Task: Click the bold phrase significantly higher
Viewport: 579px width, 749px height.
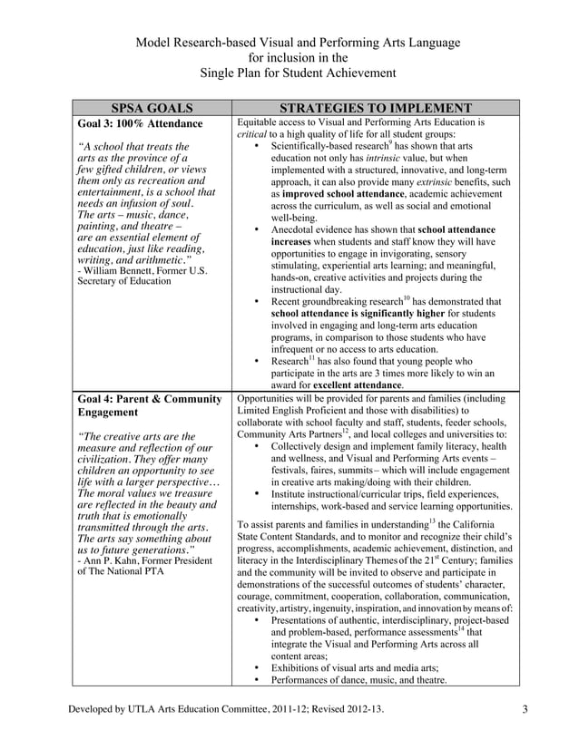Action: (407, 314)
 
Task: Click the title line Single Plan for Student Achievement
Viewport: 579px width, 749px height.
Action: (289, 73)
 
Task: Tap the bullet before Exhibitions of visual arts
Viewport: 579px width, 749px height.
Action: (260, 666)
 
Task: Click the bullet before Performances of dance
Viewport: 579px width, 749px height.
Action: (260, 679)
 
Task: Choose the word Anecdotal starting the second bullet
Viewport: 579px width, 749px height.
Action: (298, 230)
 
